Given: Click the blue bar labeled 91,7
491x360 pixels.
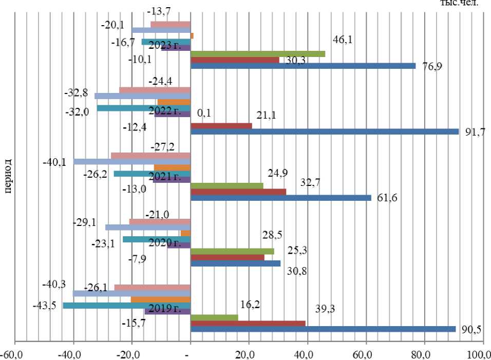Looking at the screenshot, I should coord(325,131).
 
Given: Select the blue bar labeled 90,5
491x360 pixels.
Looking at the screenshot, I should coord(323,329).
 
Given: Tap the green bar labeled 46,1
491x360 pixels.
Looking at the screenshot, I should coord(258,53).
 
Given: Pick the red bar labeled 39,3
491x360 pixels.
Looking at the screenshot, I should coord(248,323).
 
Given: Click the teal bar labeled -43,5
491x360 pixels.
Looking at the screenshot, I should coord(126,305).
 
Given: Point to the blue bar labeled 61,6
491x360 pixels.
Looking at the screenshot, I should coord(280,197).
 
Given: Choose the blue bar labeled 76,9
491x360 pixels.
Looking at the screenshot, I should coord(303,66).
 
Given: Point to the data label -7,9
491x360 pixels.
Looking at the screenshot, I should coord(136,258).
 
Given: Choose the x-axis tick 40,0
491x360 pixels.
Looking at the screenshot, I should coord(307,354).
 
